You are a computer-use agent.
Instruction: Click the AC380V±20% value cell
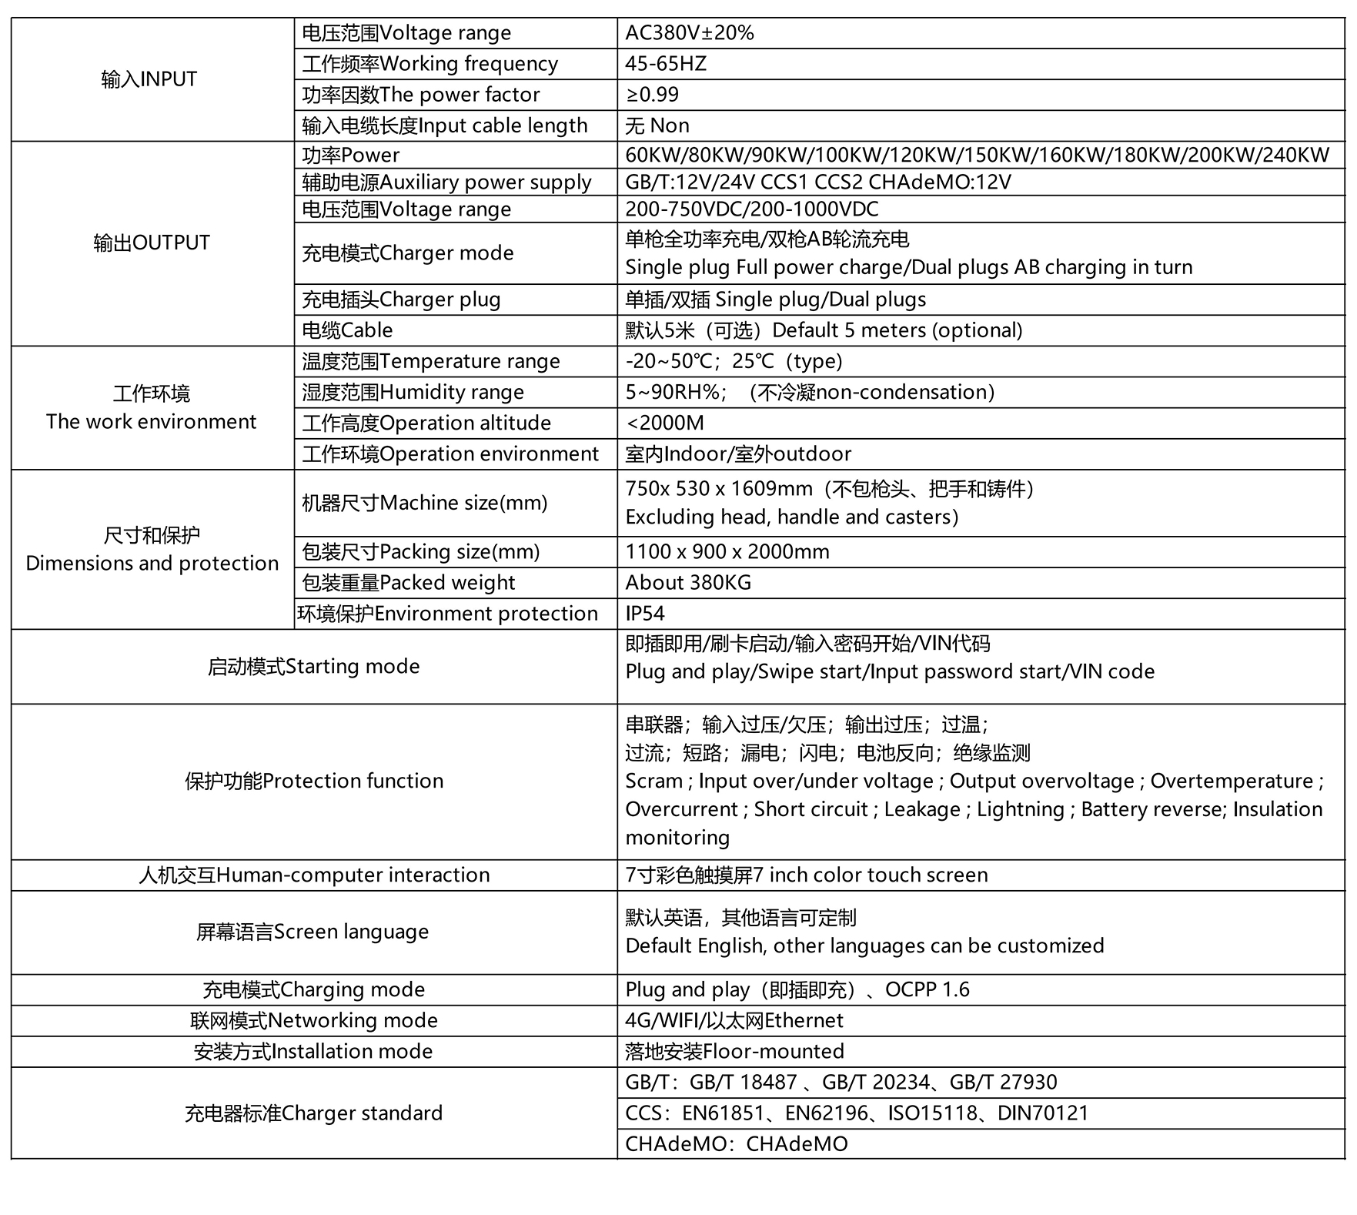point(689,33)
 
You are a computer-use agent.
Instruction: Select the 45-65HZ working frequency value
point(665,64)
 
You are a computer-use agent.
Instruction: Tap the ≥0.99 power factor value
point(652,95)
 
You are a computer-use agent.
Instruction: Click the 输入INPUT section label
point(149,79)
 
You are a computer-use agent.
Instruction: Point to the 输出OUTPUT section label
point(151,243)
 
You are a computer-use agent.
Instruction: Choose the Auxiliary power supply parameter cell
point(446,182)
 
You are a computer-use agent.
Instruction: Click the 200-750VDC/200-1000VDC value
point(751,209)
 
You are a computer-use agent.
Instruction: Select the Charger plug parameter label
point(401,300)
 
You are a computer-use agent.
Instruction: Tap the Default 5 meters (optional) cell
point(824,330)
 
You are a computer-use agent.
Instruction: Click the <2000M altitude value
point(664,423)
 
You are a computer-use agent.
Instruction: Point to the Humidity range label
point(413,392)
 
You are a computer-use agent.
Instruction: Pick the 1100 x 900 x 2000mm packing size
point(727,552)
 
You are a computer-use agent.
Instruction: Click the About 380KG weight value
point(687,583)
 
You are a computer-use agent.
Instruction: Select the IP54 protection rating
point(644,614)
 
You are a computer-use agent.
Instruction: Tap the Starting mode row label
point(313,667)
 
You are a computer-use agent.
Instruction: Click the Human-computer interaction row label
point(313,875)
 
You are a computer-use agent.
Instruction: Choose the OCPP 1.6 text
point(927,989)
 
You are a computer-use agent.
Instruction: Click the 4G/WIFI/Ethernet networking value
point(734,1021)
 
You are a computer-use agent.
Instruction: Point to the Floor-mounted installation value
point(734,1052)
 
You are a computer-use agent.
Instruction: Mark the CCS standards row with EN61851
point(856,1113)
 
